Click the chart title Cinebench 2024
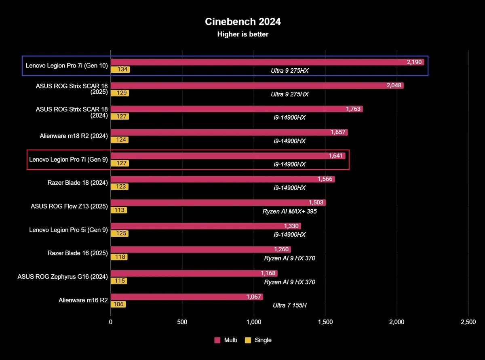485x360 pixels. click(242, 22)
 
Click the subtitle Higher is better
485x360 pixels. click(242, 34)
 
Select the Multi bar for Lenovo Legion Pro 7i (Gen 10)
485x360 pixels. click(267, 62)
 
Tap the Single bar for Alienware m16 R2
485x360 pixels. click(118, 305)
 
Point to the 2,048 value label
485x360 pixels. click(394, 86)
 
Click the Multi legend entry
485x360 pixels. click(226, 340)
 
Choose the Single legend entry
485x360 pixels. click(259, 340)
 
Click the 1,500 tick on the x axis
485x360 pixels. click(325, 322)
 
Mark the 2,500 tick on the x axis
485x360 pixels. click(468, 322)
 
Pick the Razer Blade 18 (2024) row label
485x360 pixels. click(77, 183)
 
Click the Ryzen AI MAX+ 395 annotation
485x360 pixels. click(289, 211)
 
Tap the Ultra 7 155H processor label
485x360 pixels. click(289, 305)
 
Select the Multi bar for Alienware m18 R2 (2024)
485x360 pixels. click(229, 133)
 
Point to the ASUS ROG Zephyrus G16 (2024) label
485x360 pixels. click(62, 276)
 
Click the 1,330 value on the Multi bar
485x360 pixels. click(292, 226)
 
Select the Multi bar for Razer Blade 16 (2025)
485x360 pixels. click(200, 250)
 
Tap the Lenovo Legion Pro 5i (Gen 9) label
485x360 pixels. click(68, 229)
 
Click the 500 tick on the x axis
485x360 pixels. click(182, 322)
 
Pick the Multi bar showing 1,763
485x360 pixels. click(236, 109)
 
